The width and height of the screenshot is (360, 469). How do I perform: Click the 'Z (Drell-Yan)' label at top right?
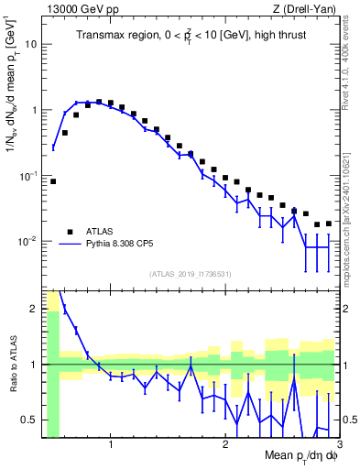(x=307, y=8)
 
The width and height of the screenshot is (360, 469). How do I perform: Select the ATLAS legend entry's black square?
(x=70, y=231)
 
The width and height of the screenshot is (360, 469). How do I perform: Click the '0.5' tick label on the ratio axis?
(x=30, y=420)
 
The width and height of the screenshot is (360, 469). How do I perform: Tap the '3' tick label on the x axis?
(x=339, y=446)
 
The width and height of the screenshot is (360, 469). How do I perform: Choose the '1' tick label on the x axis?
(x=111, y=446)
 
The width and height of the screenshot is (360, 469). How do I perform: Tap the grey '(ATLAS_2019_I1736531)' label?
(x=191, y=274)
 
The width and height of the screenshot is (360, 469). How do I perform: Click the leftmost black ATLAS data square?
(x=53, y=181)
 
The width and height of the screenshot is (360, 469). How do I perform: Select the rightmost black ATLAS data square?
(x=329, y=224)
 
